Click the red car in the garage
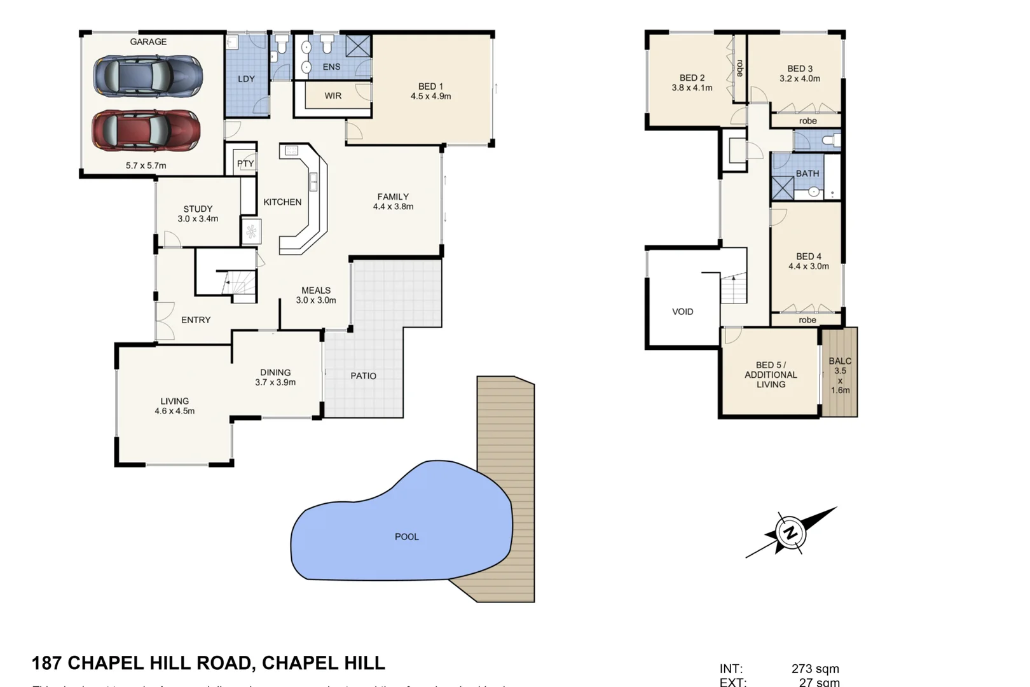pyautogui.click(x=146, y=130)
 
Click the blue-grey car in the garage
pyautogui.click(x=148, y=75)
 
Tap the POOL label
pyautogui.click(x=407, y=537)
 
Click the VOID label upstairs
pyautogui.click(x=682, y=312)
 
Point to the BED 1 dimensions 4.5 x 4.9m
pyautogui.click(x=430, y=97)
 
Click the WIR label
pyautogui.click(x=333, y=96)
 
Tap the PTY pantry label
pyautogui.click(x=245, y=163)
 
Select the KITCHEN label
pyautogui.click(x=282, y=202)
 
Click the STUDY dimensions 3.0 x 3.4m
pyautogui.click(x=198, y=219)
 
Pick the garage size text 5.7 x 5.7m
pyautogui.click(x=146, y=165)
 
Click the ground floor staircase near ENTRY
pyautogui.click(x=240, y=284)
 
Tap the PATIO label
pyautogui.click(x=363, y=376)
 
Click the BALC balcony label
pyautogui.click(x=840, y=361)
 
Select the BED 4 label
pyautogui.click(x=809, y=256)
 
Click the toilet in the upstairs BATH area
pyautogui.click(x=830, y=140)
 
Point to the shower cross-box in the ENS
pyautogui.click(x=358, y=46)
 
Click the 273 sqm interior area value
pyautogui.click(x=815, y=669)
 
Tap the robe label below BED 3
pyautogui.click(x=807, y=121)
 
